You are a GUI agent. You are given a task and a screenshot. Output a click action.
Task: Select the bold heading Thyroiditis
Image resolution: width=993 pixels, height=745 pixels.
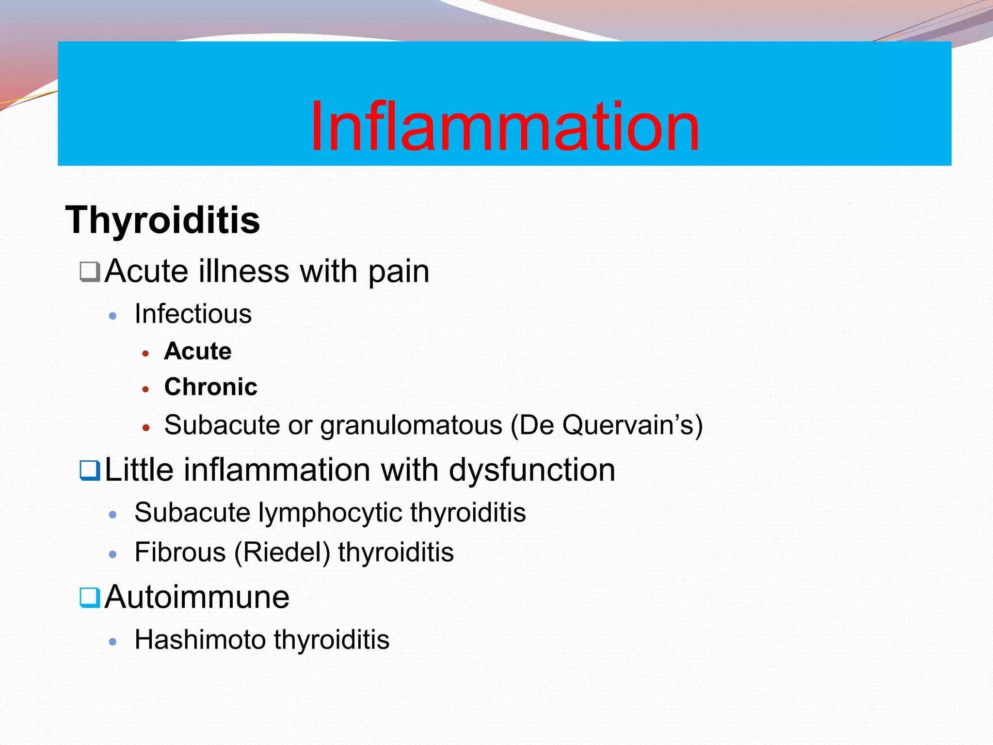163,220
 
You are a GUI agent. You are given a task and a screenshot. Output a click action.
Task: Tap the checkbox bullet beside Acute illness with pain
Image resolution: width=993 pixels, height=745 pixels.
90,272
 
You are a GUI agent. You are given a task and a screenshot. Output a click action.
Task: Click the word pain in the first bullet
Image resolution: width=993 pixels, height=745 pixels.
399,272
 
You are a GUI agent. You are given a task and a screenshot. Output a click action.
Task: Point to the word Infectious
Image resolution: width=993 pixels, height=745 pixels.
193,314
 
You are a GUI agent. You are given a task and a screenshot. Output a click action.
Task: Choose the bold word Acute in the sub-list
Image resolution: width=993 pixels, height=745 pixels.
198,351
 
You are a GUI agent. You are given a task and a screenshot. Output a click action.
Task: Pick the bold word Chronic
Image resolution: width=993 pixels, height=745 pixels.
210,387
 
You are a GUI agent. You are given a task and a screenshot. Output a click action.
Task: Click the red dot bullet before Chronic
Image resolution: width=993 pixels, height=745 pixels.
145,389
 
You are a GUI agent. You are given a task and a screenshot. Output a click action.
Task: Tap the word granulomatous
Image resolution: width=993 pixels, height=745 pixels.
411,425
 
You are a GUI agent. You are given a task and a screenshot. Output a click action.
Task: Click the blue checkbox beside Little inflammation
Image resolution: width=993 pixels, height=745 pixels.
90,470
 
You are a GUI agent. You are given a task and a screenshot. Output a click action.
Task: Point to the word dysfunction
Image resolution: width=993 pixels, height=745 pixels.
532,470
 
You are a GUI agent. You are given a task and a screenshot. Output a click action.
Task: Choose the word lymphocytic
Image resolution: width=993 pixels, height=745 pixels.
330,513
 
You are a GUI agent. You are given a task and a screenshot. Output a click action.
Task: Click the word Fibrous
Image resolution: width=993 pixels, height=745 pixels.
180,552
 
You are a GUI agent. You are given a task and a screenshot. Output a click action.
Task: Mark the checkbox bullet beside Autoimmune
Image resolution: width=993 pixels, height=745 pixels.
90,598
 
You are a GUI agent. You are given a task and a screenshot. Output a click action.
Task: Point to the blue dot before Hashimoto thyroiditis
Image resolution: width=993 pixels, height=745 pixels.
113,642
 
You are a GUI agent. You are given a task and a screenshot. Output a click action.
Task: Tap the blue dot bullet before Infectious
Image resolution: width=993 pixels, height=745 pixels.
113,316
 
